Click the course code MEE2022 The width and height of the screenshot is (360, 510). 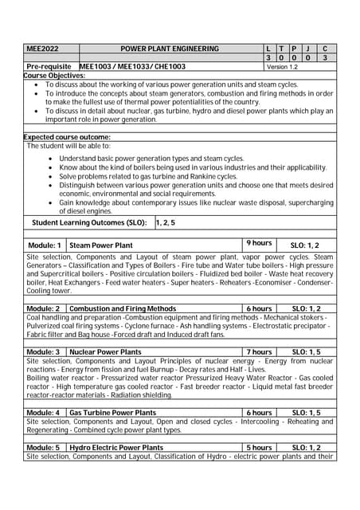tap(42, 49)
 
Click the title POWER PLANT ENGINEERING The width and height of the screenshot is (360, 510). tap(169, 49)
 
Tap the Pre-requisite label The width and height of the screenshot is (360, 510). tap(49, 67)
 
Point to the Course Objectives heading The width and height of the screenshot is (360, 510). tap(54, 75)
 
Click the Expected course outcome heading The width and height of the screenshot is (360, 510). tap(67, 137)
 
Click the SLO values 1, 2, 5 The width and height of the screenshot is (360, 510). tap(166, 223)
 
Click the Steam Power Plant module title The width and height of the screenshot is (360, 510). tap(101, 245)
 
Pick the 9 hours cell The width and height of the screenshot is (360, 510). tap(259, 243)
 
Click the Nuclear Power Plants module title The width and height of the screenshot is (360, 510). tap(106, 351)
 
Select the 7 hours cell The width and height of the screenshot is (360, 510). tap(259, 351)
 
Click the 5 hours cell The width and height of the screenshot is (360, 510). tap(259, 448)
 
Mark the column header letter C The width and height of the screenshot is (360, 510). tap(324, 49)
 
